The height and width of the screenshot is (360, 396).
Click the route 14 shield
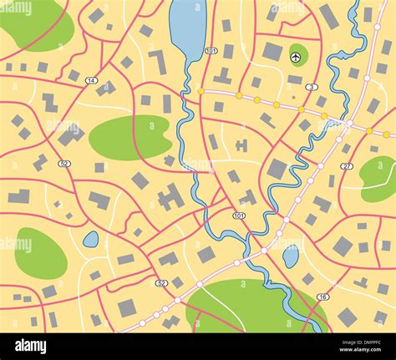91,80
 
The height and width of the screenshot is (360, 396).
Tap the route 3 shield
312,87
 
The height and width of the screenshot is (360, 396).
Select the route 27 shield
347,166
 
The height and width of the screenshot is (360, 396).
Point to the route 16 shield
323,297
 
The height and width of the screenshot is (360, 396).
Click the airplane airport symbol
296,57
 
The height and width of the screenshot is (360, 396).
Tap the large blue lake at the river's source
186,29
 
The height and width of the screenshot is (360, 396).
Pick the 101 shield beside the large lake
211,51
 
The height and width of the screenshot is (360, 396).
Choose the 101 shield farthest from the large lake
240,215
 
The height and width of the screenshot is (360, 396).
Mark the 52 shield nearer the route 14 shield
65,164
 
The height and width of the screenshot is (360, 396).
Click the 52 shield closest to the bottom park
161,283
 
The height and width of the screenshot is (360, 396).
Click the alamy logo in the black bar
30,346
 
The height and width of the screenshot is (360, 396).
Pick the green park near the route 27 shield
378,176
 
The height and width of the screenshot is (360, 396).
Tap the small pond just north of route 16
291,256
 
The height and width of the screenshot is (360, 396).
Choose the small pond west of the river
90,240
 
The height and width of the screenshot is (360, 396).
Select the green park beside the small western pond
39,254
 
